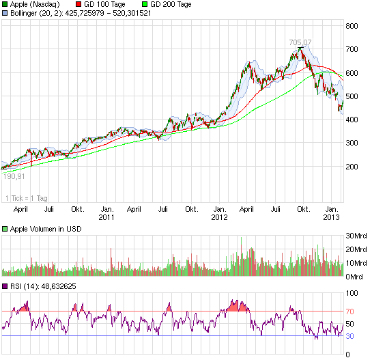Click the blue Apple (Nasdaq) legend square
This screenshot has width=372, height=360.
(x=5, y=4)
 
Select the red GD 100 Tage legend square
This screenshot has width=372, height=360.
(x=78, y=4)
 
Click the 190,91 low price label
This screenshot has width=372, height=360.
(x=15, y=176)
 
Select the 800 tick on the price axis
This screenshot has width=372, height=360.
(x=353, y=26)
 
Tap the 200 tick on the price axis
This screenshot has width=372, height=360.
(x=353, y=166)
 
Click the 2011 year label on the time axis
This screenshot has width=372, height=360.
(x=106, y=217)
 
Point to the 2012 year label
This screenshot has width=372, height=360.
(x=219, y=217)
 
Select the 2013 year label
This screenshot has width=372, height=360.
(x=332, y=217)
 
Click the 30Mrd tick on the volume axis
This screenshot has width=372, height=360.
(x=356, y=236)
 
